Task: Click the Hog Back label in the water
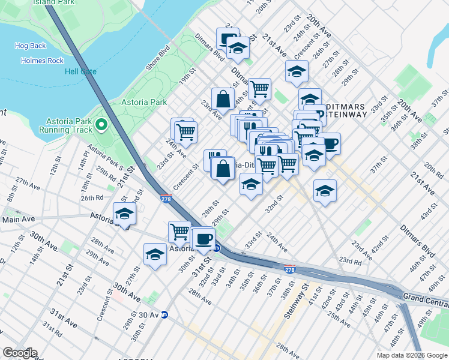coord(30,46)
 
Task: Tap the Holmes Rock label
coord(41,61)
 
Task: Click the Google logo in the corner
coord(19,353)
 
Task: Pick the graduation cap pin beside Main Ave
coord(125,214)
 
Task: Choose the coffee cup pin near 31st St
coord(203,238)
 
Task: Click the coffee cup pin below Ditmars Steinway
coord(329,143)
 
